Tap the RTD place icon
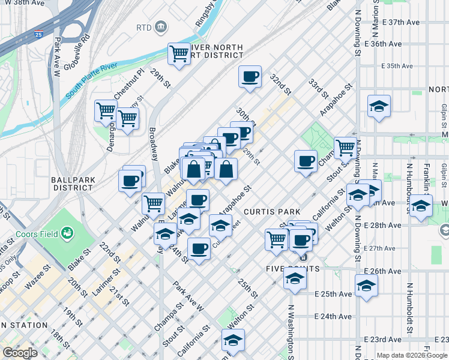(x=161, y=27)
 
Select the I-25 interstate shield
(x=38, y=35)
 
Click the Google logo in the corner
(x=20, y=353)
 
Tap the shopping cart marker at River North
(x=179, y=54)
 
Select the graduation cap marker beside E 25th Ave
(x=366, y=286)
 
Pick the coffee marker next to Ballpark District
(x=130, y=180)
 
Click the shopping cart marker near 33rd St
(x=345, y=147)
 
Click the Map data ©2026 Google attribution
(x=411, y=355)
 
